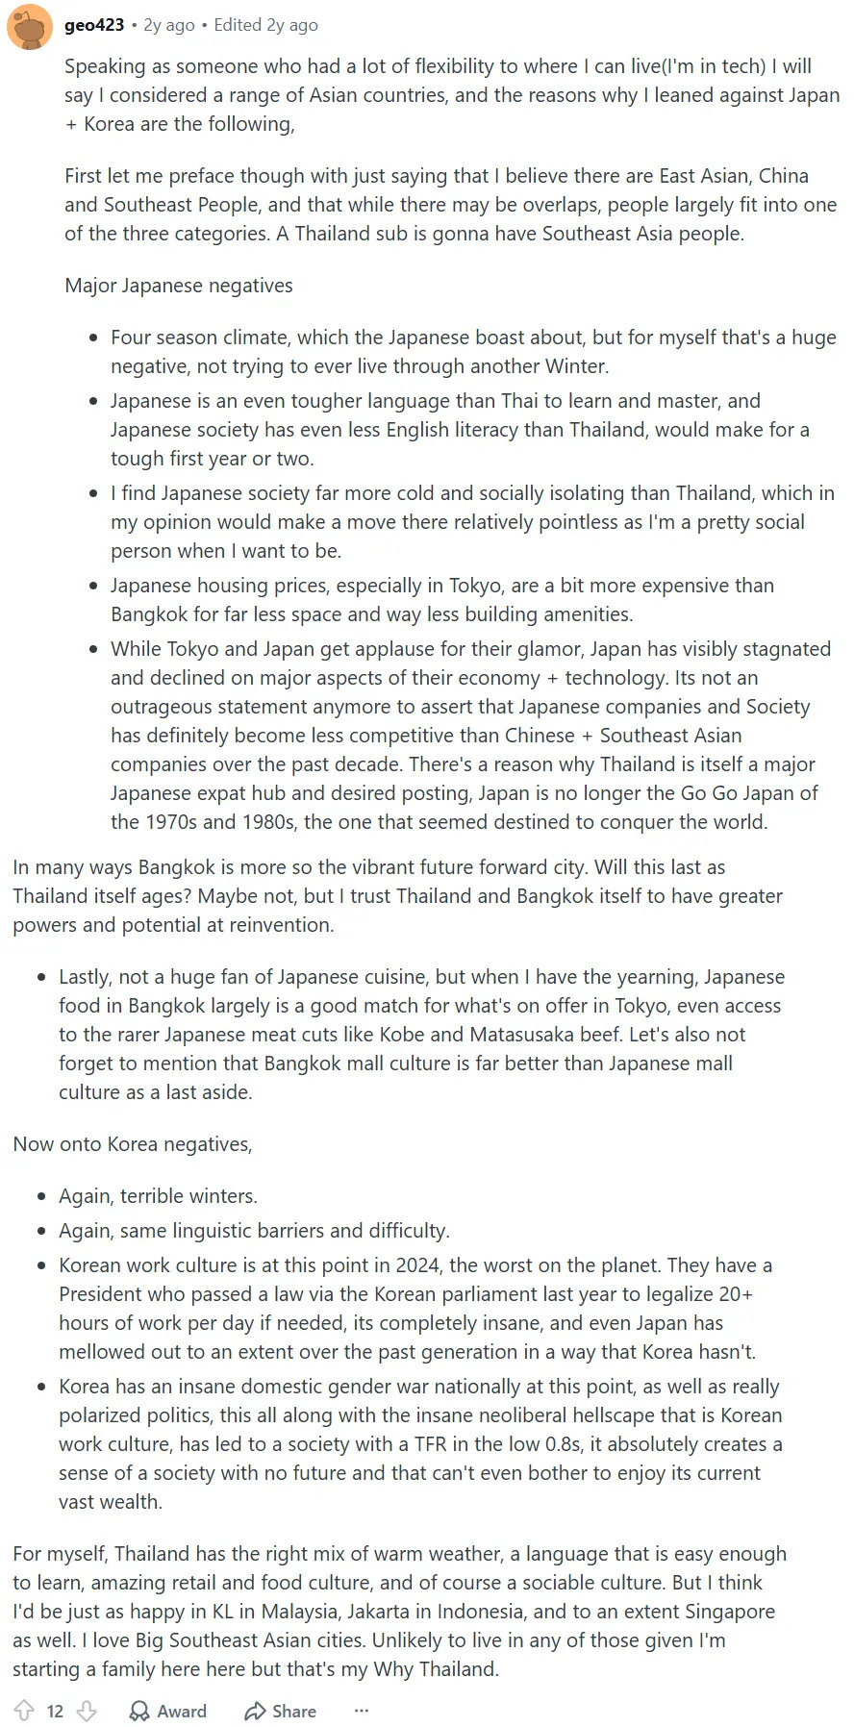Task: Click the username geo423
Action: click(x=94, y=25)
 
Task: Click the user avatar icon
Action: click(x=29, y=26)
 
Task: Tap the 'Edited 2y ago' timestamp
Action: click(x=265, y=25)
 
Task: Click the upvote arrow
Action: click(x=25, y=1711)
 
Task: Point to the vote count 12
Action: click(x=55, y=1711)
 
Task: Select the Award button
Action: click(x=168, y=1711)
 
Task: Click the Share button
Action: click(x=281, y=1711)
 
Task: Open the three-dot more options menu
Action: click(x=362, y=1711)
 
